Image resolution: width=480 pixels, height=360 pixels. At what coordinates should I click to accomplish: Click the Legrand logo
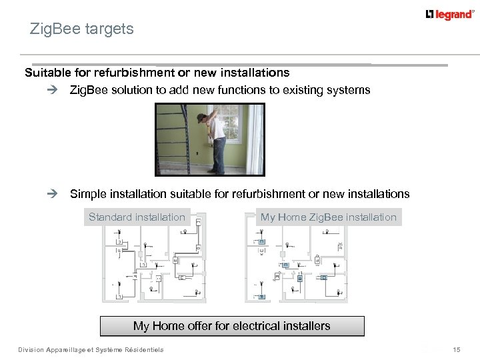(450, 15)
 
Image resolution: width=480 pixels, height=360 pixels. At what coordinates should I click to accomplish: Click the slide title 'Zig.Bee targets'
(82, 29)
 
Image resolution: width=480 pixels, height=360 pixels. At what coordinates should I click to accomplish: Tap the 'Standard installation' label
(137, 217)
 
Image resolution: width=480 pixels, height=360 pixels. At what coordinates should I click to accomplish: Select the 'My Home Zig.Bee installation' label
(328, 217)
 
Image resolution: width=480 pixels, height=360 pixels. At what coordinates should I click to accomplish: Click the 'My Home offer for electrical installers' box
(232, 326)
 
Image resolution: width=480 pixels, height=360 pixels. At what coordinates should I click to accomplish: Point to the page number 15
(457, 349)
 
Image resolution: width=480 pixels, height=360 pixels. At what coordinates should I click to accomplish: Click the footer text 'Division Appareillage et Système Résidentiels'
(91, 349)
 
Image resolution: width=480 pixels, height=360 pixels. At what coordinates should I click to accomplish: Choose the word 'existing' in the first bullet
(305, 90)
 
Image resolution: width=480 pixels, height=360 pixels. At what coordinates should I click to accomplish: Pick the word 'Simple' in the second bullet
(87, 194)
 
